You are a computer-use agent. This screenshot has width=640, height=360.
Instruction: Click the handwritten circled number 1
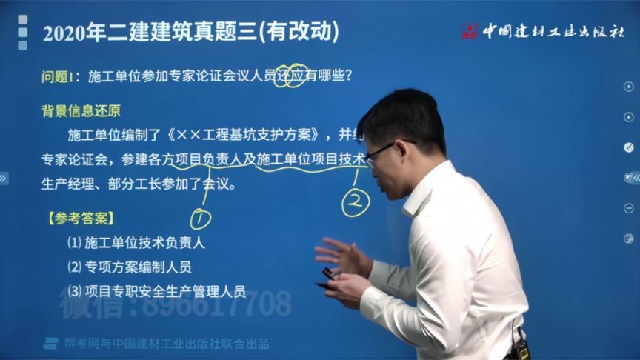pos(200,219)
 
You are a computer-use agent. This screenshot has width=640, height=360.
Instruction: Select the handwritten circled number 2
pos(356,202)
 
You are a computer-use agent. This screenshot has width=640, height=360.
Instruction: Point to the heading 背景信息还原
pos(81,111)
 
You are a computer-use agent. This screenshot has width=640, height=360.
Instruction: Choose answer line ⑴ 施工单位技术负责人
pos(136,242)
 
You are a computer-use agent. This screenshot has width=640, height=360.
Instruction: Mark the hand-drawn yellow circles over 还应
pos(290,75)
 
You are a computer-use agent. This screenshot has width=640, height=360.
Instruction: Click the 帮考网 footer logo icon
pos(50,343)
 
